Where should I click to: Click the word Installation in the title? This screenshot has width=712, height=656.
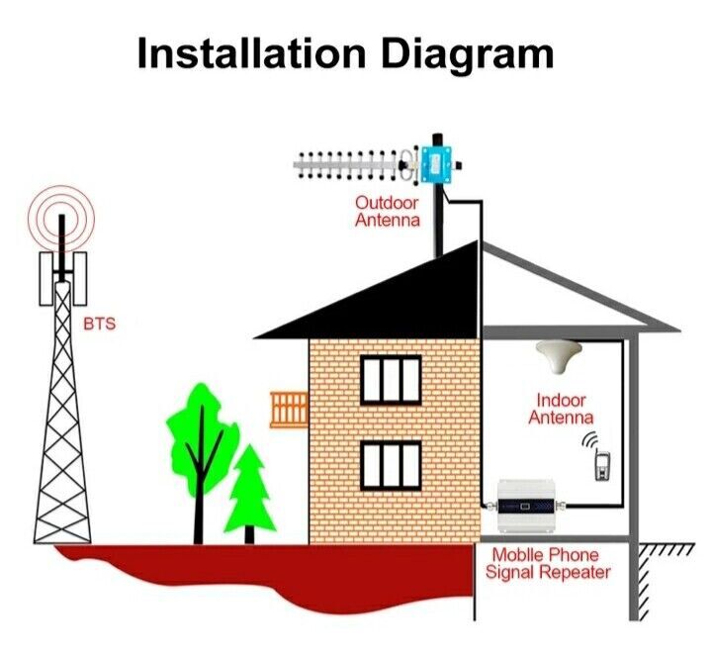point(251,53)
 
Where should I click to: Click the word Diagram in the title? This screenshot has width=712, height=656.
point(468,55)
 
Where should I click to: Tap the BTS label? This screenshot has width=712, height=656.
point(100,324)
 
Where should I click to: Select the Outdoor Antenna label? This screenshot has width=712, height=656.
point(388,212)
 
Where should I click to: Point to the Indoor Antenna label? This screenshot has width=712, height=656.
point(561,409)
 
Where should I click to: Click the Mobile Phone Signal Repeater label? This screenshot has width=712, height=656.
point(548,563)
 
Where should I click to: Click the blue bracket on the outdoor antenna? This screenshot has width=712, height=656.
point(436,164)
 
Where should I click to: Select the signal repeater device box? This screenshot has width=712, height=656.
point(526,506)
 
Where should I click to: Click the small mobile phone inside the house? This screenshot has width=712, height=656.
point(602,465)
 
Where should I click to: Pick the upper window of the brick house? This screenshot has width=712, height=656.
point(391,380)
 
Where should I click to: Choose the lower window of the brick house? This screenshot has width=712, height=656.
point(391,467)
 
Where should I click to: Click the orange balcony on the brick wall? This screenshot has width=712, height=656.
point(289,411)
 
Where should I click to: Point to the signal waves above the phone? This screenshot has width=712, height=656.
point(589,440)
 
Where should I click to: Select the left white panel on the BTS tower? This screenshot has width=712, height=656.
point(46,279)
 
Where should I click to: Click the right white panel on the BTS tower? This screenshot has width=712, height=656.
point(79,279)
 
